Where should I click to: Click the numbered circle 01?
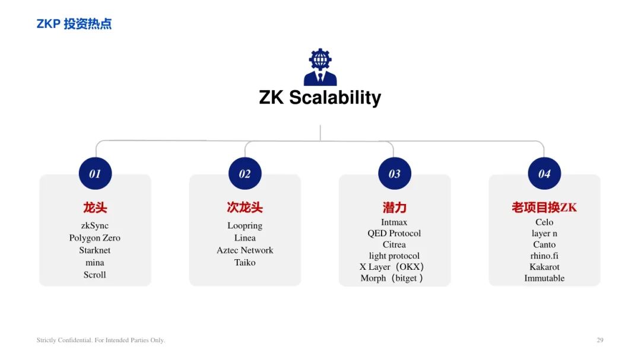pyautogui.click(x=95, y=173)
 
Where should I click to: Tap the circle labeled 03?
pyautogui.click(x=395, y=173)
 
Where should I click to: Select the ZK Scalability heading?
pyautogui.click(x=320, y=98)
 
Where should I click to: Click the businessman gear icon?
pyautogui.click(x=320, y=67)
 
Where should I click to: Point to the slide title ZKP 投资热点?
pyautogui.click(x=74, y=24)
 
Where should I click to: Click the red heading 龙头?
pyautogui.click(x=95, y=208)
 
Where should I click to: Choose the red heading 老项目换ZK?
pyautogui.click(x=544, y=208)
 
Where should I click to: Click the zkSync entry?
pyautogui.click(x=95, y=225)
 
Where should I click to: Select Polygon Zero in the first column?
pyautogui.click(x=95, y=238)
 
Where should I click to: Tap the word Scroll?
pyautogui.click(x=95, y=275)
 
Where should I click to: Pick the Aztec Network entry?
pyautogui.click(x=245, y=250)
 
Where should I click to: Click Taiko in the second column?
pyautogui.click(x=245, y=262)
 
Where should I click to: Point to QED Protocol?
pyautogui.click(x=394, y=233)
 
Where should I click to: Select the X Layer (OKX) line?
pyautogui.click(x=392, y=267)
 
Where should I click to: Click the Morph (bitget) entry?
pyautogui.click(x=392, y=278)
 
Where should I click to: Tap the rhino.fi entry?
pyautogui.click(x=544, y=256)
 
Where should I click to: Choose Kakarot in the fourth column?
pyautogui.click(x=544, y=267)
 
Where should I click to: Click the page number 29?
pyautogui.click(x=599, y=340)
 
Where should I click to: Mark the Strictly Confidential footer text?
pyautogui.click(x=100, y=340)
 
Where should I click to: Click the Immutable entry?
pyautogui.click(x=544, y=278)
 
